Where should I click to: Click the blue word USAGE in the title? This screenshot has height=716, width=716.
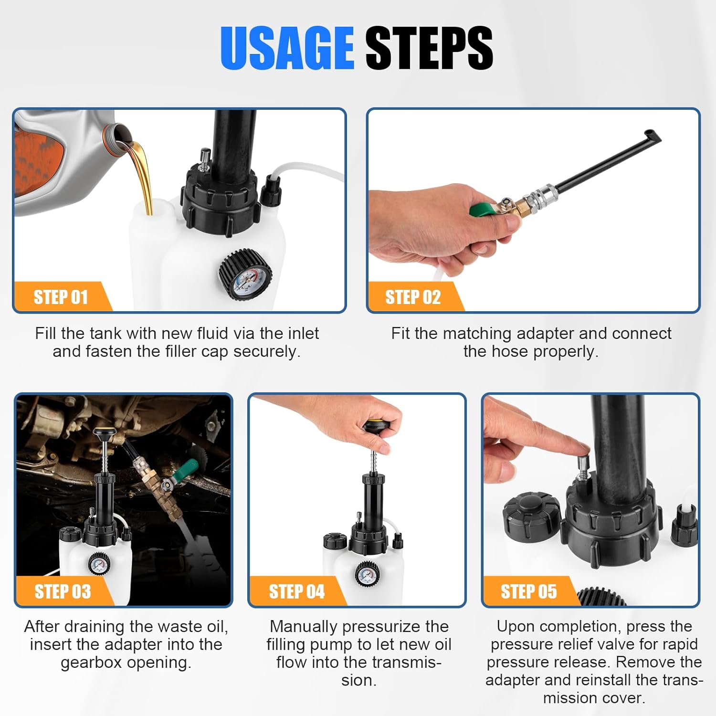[x=287, y=48]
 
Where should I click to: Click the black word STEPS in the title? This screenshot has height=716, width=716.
[x=429, y=48]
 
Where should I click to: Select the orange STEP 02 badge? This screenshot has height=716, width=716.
[x=414, y=297]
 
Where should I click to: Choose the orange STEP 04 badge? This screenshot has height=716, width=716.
[x=297, y=591]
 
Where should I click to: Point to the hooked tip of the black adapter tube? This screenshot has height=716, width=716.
[x=653, y=136]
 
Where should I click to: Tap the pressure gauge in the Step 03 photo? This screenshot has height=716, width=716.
[x=99, y=565]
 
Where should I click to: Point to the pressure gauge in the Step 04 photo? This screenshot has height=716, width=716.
[x=367, y=572]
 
